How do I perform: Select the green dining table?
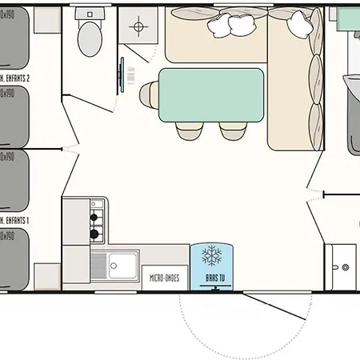(x=212, y=94)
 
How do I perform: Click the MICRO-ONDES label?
(x=165, y=278)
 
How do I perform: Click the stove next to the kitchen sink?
(x=94, y=225)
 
